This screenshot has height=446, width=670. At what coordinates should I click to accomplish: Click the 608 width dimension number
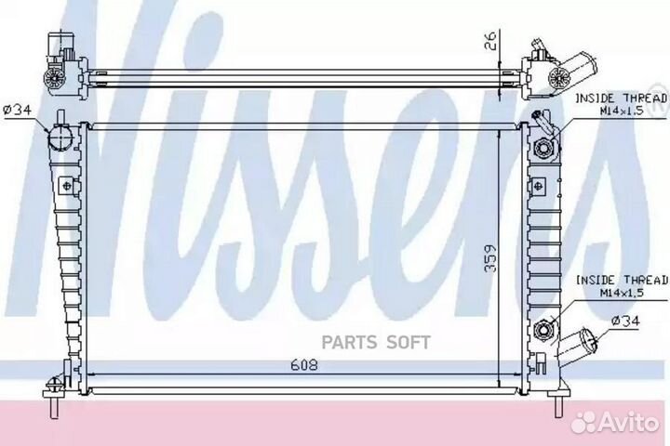pyautogui.click(x=304, y=365)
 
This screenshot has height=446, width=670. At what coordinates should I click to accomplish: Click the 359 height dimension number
pyautogui.click(x=491, y=258)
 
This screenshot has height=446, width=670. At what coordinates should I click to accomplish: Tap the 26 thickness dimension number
pyautogui.click(x=492, y=41)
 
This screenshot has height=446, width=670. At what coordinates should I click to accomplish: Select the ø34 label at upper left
pyautogui.click(x=18, y=111)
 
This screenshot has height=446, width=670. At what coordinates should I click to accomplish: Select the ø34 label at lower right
pyautogui.click(x=625, y=321)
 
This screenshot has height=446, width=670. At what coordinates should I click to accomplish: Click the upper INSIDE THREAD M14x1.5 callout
pyautogui.click(x=622, y=105)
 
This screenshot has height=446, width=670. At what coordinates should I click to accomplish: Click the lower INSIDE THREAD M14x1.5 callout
pyautogui.click(x=622, y=286)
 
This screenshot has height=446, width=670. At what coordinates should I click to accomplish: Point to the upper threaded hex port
pyautogui.click(x=544, y=148)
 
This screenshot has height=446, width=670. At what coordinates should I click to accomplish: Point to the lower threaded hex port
pyautogui.click(x=544, y=330)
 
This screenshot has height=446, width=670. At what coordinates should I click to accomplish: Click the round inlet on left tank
pyautogui.click(x=60, y=136)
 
